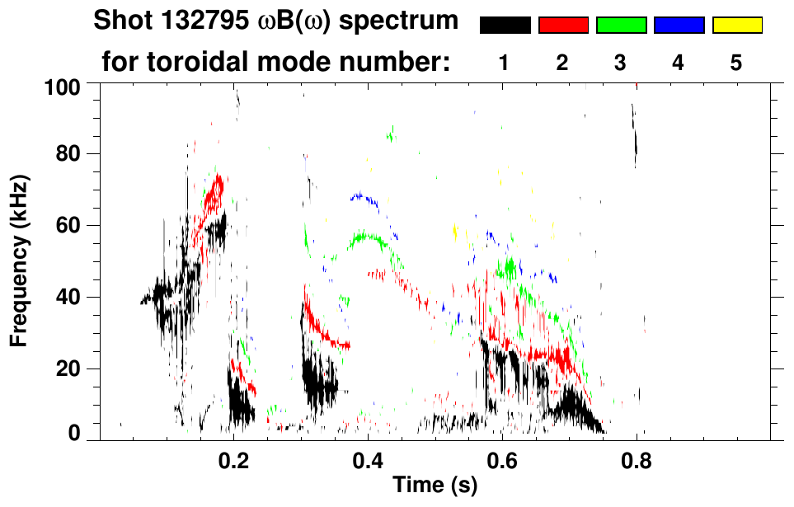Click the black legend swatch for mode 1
tap(505, 26)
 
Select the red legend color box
tap(563, 26)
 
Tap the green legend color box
tap(621, 26)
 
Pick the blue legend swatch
tap(679, 26)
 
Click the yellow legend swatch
tap(736, 26)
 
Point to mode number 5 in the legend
tap(736, 63)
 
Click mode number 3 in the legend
tap(621, 63)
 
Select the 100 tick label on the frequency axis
tap(62, 87)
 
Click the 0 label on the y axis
tap(73, 433)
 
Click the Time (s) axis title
tap(435, 486)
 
